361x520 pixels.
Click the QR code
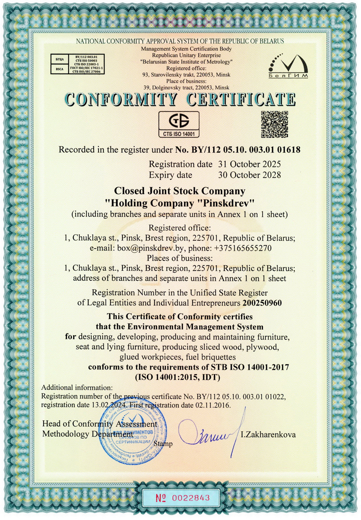(275, 124)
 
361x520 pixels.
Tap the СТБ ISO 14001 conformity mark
(179, 124)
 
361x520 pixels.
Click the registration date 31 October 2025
(249, 164)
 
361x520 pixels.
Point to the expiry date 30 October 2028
(249, 175)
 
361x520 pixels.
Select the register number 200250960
(262, 303)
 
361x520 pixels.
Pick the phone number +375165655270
(243, 248)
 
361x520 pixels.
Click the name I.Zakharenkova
(268, 435)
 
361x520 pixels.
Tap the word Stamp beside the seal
(163, 444)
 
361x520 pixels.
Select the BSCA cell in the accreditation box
(59, 69)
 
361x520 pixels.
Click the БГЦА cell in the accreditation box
(59, 59)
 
